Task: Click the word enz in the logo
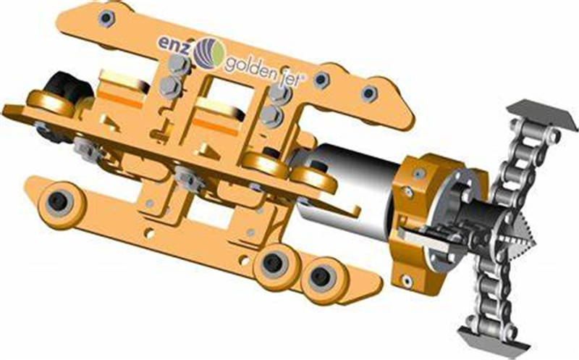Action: (x=173, y=43)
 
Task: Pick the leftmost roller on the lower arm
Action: (x=60, y=202)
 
